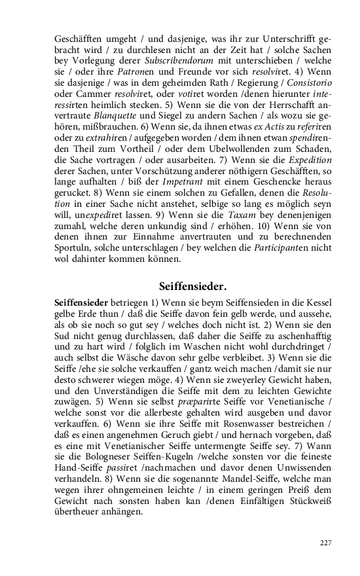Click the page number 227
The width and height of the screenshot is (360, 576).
325,543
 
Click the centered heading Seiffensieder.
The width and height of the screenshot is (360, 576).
193,287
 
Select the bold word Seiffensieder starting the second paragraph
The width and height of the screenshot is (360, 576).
82,304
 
